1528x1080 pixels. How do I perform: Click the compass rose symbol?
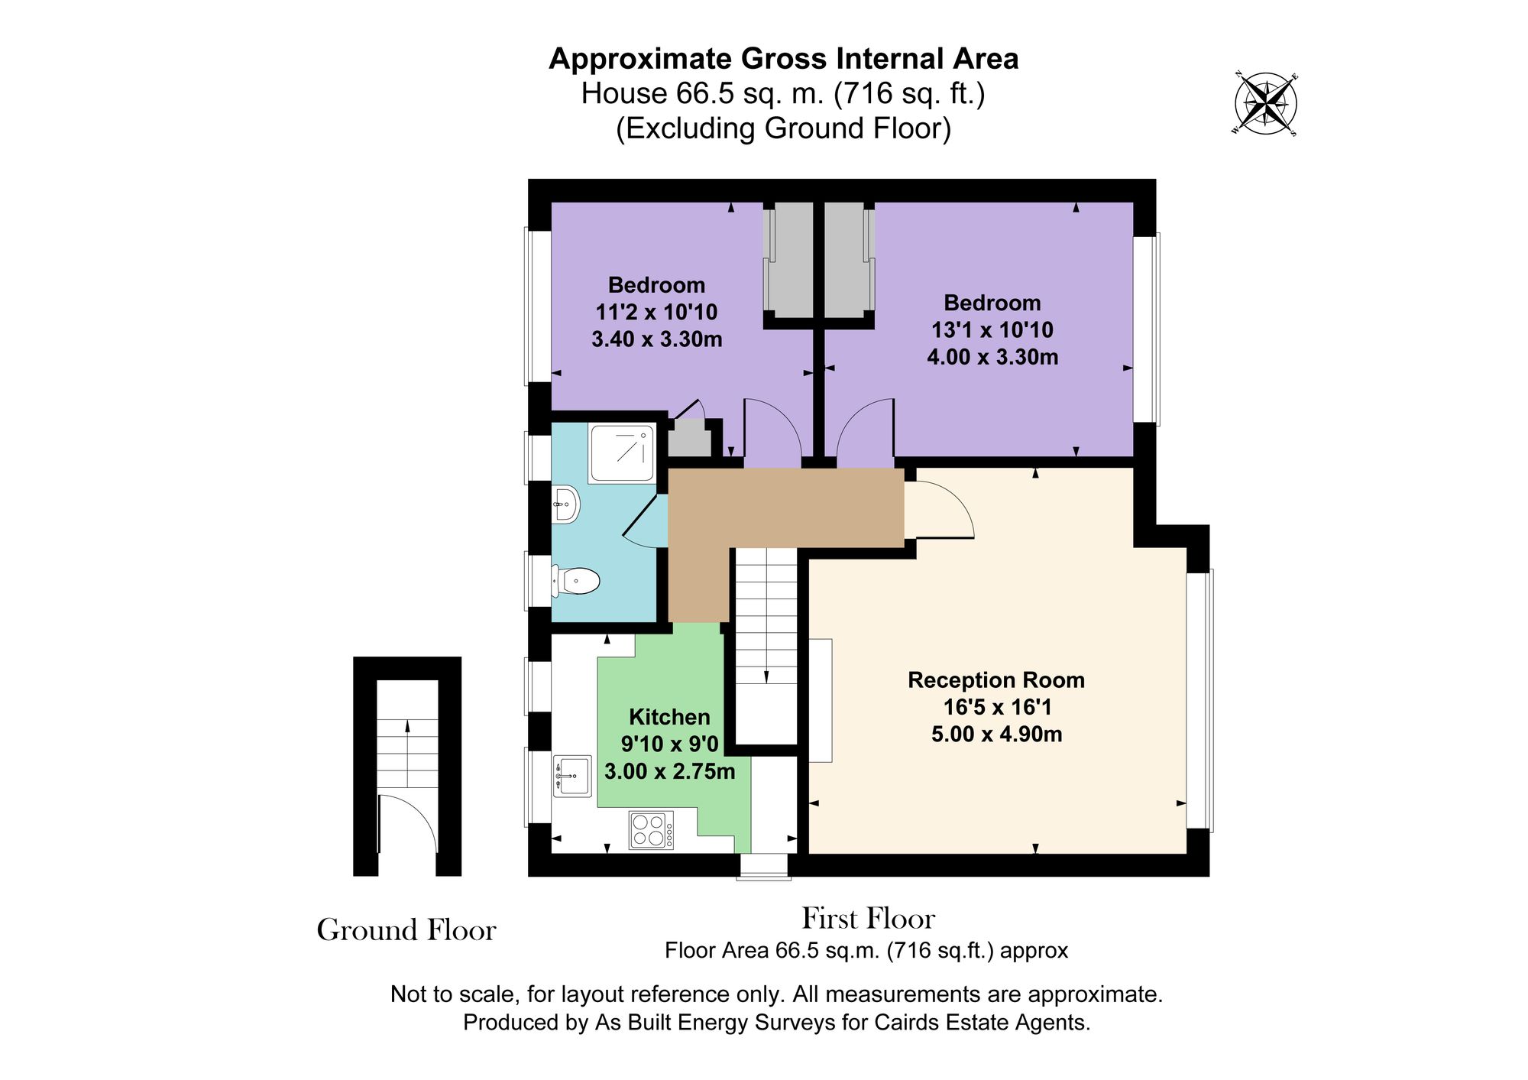click(1266, 103)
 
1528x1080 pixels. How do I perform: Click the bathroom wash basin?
click(566, 504)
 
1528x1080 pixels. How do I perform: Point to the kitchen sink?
click(572, 776)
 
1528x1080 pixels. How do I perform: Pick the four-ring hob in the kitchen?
click(651, 830)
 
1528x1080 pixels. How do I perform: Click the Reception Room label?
click(995, 679)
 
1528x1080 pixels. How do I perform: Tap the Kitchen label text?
click(669, 717)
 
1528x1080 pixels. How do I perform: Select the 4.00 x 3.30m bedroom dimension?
click(992, 357)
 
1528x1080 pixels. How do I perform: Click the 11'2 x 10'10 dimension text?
click(656, 312)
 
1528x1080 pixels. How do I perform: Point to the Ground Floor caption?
click(406, 930)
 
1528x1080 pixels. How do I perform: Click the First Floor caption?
click(868, 918)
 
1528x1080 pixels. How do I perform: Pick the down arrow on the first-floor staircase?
click(766, 676)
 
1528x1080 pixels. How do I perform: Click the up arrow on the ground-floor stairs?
click(407, 725)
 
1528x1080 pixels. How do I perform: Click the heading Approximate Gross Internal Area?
click(783, 59)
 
